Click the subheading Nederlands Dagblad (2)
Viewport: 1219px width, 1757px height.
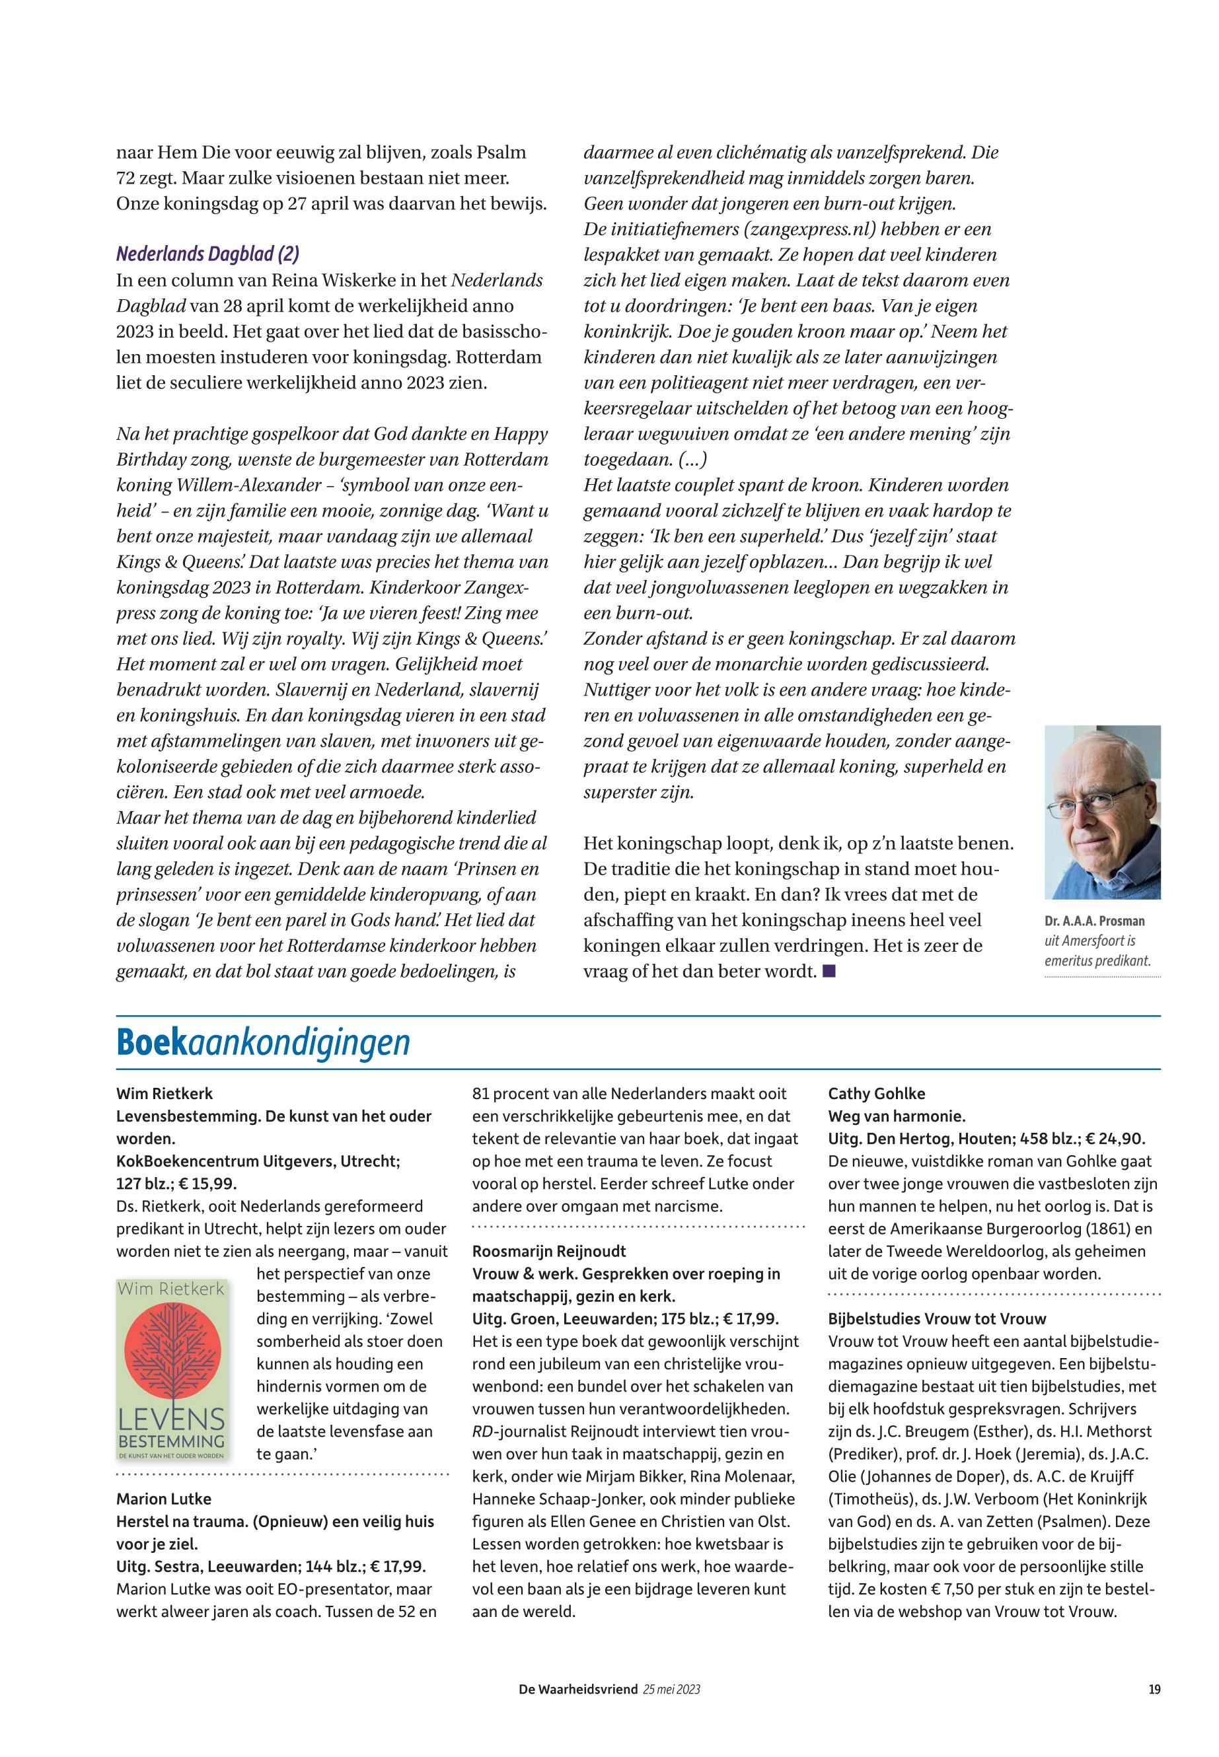coord(207,255)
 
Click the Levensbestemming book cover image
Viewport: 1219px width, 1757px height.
coord(172,1370)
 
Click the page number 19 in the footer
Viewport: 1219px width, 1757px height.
coord(1154,1690)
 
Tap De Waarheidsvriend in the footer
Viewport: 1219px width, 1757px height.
coord(577,1690)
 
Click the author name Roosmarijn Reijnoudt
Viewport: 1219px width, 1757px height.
coord(549,1252)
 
